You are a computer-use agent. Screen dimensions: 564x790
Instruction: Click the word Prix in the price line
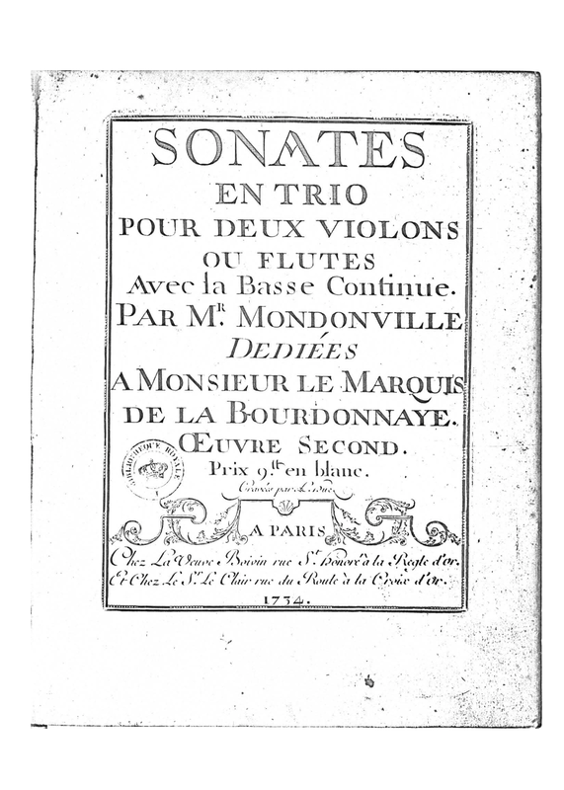pyautogui.click(x=229, y=471)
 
